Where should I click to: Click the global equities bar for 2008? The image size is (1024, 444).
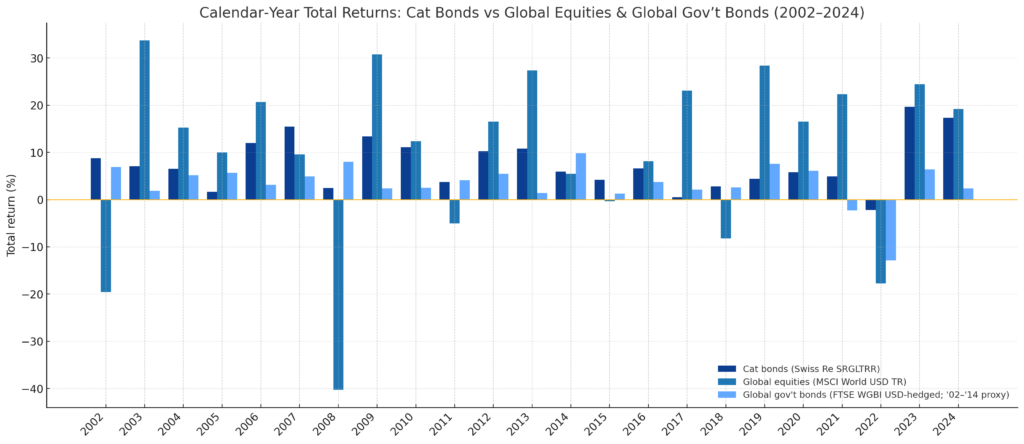[x=338, y=294]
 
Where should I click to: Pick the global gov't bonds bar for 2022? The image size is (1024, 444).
[x=890, y=230]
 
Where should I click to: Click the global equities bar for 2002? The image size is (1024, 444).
[x=106, y=245]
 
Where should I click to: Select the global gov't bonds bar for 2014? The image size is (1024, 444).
[x=580, y=176]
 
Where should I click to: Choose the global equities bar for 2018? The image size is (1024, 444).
[x=725, y=219]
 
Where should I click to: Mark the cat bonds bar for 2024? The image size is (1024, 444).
[x=948, y=159]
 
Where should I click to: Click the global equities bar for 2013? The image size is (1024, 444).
[x=531, y=135]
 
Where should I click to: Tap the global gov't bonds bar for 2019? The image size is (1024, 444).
[x=774, y=182]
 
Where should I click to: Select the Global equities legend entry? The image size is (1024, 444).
[x=810, y=382]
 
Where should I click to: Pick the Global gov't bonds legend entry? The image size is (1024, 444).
[x=860, y=395]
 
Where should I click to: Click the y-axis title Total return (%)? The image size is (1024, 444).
[x=12, y=213]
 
